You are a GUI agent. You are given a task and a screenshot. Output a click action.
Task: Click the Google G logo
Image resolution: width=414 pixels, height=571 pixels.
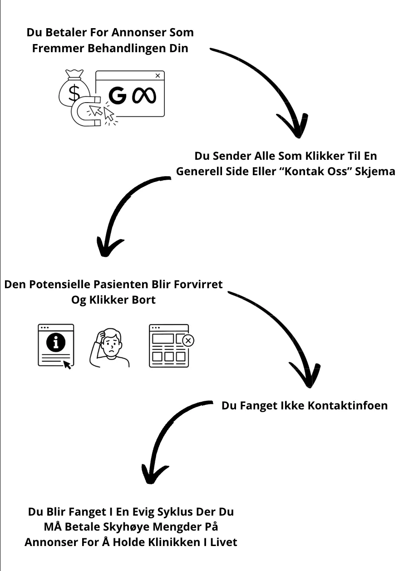118,96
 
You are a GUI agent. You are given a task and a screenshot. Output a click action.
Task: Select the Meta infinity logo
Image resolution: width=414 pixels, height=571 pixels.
144,96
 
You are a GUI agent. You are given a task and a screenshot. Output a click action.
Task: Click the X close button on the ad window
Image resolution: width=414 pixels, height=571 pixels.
158,75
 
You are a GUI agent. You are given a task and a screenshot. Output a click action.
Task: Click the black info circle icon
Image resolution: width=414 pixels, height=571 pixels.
56,342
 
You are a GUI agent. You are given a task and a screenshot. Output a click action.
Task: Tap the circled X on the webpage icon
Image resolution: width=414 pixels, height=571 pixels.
188,340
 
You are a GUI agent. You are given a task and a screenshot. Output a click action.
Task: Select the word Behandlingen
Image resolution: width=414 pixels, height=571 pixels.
127,49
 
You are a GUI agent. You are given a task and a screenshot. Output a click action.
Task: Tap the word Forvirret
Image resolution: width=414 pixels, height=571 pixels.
198,285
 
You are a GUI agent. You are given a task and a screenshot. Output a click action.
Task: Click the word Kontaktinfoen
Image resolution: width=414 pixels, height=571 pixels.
348,406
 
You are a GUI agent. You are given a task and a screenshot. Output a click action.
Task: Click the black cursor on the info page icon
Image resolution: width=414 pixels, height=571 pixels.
67,365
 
